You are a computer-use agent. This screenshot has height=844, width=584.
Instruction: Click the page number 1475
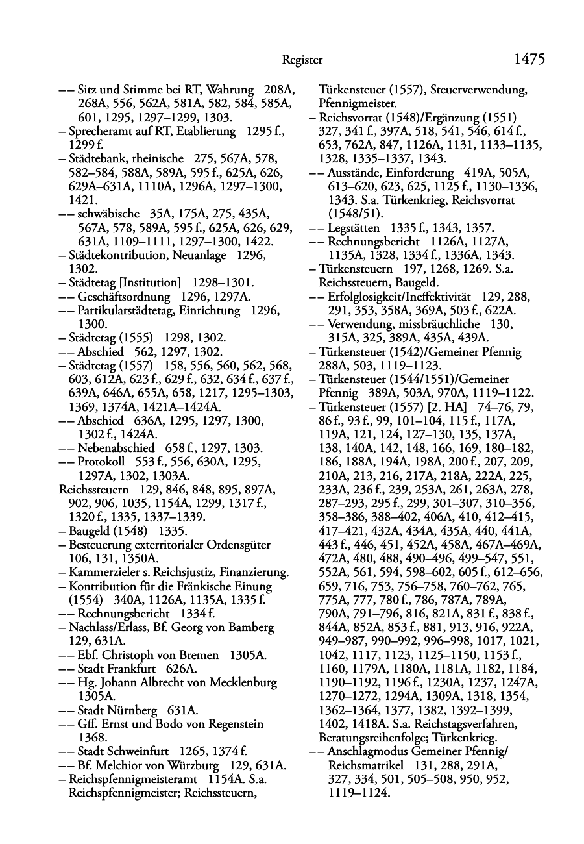point(529,60)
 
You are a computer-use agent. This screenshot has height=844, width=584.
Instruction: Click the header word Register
point(302,60)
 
